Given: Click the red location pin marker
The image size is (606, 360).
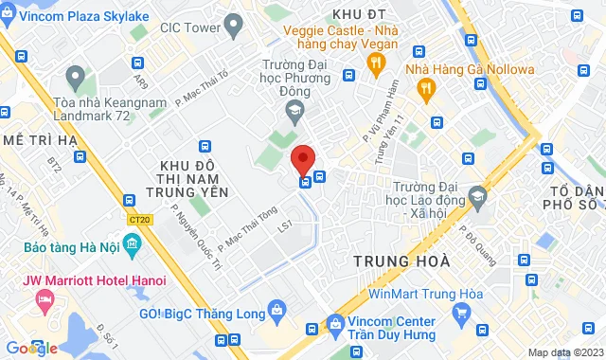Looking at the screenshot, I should point(303,157).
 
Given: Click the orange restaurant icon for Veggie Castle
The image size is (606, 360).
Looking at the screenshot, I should point(375,63).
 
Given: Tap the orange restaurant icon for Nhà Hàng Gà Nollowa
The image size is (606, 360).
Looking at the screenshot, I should point(426,87).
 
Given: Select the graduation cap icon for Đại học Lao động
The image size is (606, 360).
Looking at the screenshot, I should point(477,197).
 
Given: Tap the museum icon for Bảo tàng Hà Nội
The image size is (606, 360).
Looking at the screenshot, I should point(132,247).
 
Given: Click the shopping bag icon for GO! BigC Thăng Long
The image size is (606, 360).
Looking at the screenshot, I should point(276,308).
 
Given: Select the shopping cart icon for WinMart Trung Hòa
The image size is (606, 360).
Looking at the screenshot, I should point(461,312).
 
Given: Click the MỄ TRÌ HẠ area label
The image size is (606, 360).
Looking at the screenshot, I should point(39,139).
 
